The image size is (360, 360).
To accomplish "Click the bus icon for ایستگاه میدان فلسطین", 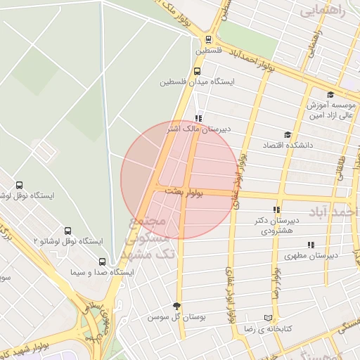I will click(x=198, y=70).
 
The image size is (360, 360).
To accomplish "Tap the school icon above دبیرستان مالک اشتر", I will click(x=198, y=118).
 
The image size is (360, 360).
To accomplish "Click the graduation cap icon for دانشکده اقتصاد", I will click(x=287, y=134).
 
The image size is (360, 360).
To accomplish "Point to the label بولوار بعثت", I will click(x=184, y=191).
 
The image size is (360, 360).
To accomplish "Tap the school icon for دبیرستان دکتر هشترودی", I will click(x=276, y=210).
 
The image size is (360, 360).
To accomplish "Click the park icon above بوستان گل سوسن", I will click(x=176, y=306).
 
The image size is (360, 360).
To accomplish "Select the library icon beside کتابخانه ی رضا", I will click(x=266, y=318).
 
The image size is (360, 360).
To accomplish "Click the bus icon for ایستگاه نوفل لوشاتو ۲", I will click(x=68, y=230).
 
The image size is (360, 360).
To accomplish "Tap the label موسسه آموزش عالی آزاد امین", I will click(x=330, y=110).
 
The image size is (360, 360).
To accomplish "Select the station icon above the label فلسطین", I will click(x=207, y=39).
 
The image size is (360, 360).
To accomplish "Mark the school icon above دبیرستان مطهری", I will click(x=311, y=245).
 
